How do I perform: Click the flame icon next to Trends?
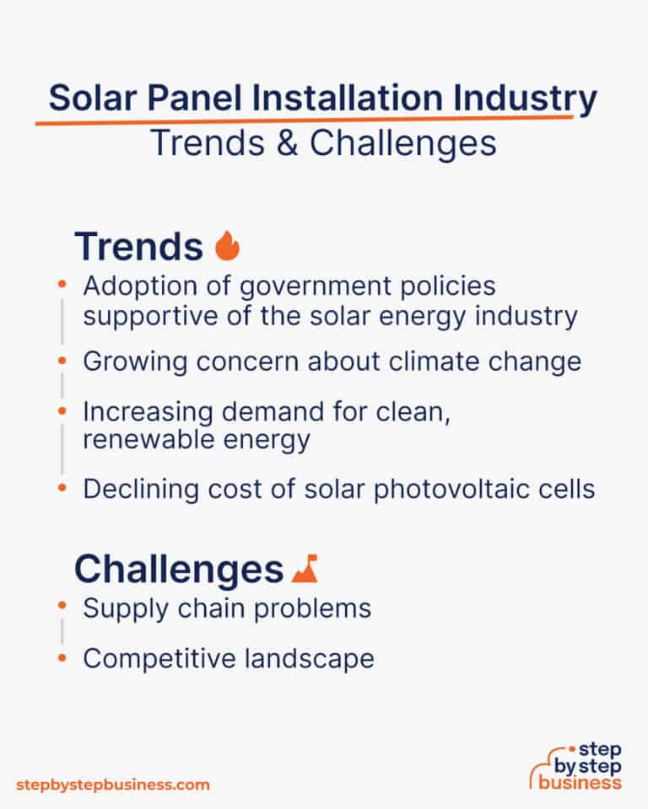point(227,246)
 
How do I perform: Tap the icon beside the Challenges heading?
point(304,571)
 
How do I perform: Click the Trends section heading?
point(138,246)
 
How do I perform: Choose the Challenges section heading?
point(178,571)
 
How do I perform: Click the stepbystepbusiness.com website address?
point(112,784)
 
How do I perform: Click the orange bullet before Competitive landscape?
point(62,657)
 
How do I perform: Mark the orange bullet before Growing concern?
point(62,361)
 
